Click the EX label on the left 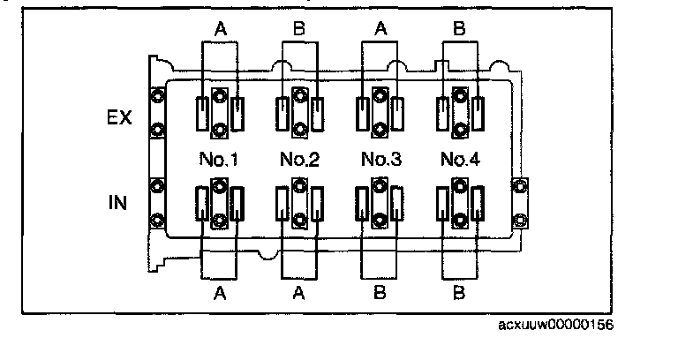click(x=119, y=117)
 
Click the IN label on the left click(x=117, y=202)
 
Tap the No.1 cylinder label click(x=218, y=160)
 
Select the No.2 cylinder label click(x=299, y=160)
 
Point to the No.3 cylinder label click(x=381, y=160)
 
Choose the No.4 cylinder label click(x=460, y=160)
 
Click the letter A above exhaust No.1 click(x=220, y=29)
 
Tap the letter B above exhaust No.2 click(x=298, y=29)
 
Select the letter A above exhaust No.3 click(x=380, y=29)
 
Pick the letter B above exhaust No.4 click(x=459, y=29)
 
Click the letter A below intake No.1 click(x=220, y=294)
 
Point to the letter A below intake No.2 click(x=298, y=294)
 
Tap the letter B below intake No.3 click(x=380, y=294)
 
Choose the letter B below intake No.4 click(x=459, y=294)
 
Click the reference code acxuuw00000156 click(x=555, y=325)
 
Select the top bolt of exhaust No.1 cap click(x=220, y=95)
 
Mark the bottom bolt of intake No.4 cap click(x=460, y=221)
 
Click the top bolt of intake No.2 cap click(x=299, y=186)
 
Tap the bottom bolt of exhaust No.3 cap click(x=380, y=129)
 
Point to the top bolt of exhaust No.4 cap click(x=460, y=95)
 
